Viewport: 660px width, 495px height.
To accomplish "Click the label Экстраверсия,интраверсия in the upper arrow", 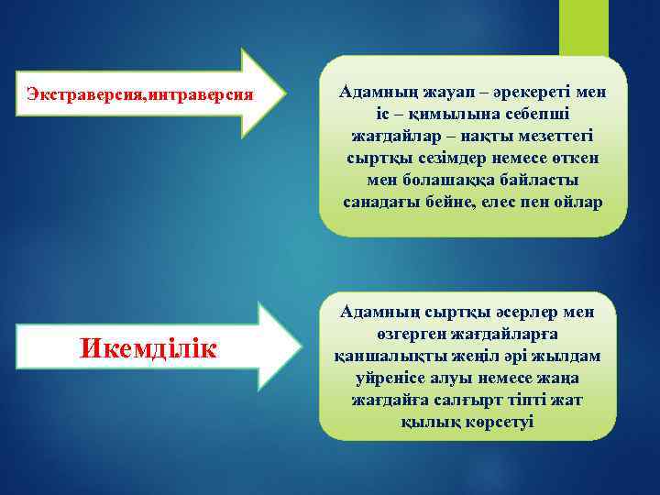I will (x=139, y=93).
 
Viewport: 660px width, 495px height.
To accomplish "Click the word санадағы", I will (x=382, y=203).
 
